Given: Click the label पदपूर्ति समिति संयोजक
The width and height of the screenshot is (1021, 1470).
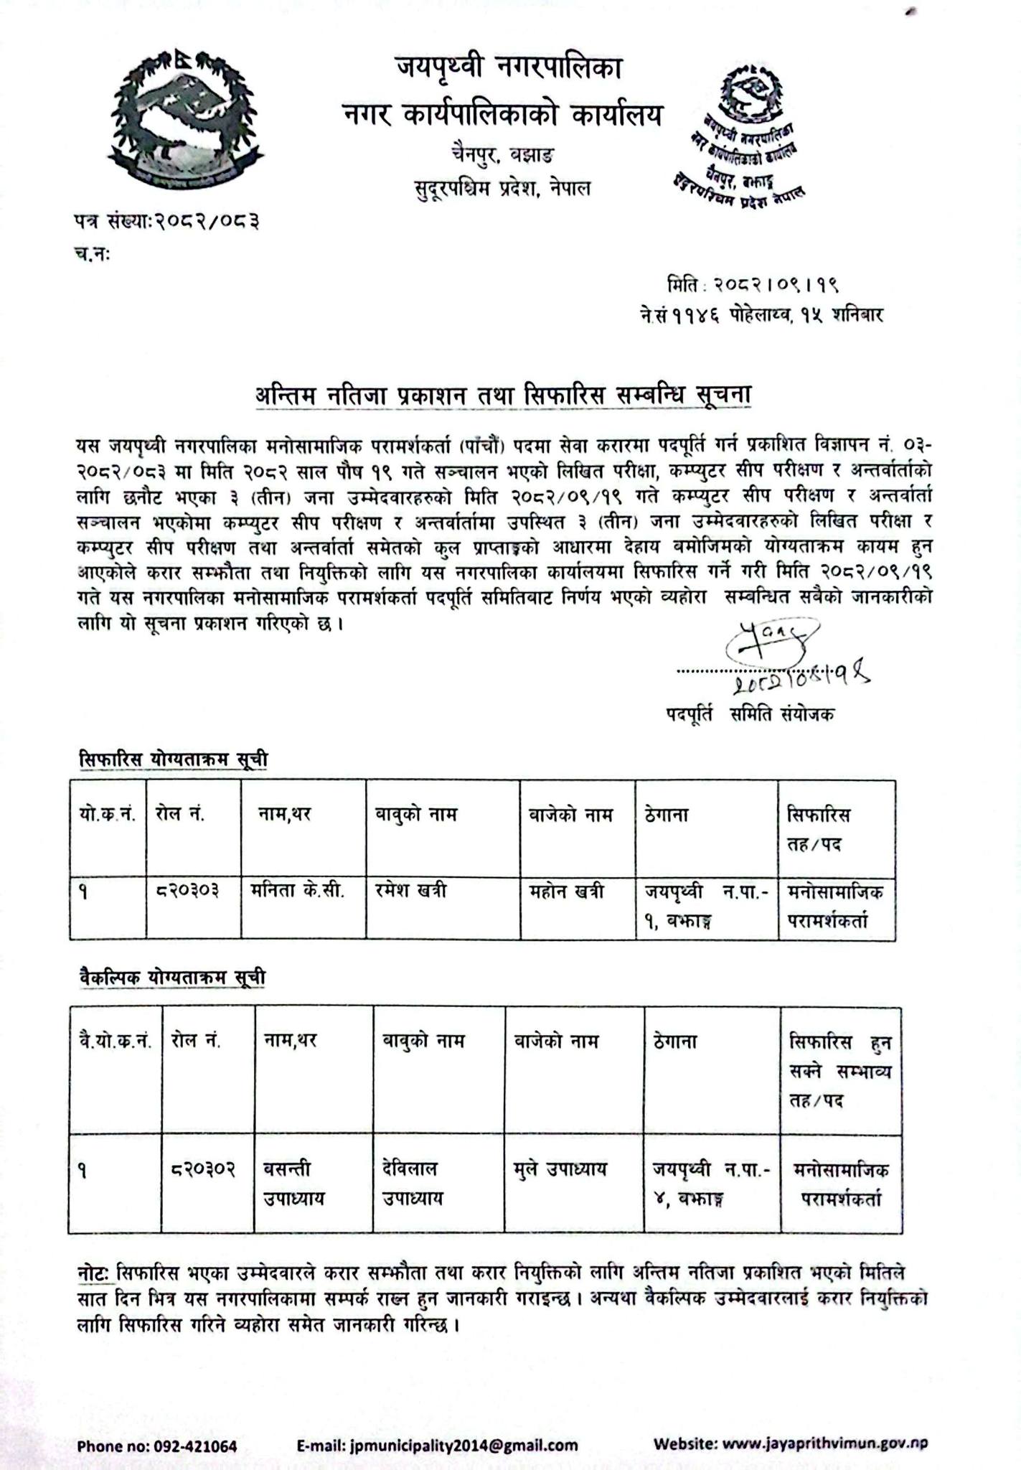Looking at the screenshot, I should [749, 714].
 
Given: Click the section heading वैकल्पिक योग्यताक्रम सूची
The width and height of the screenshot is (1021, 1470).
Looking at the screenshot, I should [172, 977].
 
